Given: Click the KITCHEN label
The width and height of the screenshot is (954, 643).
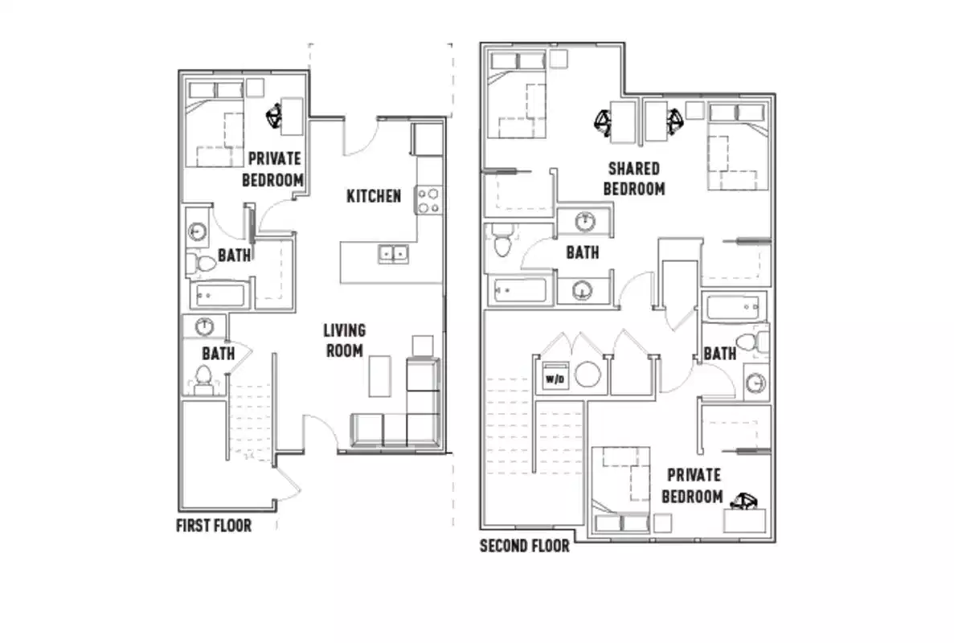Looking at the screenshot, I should click(374, 195).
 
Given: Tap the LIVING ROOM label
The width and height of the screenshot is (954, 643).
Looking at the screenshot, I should click(344, 340).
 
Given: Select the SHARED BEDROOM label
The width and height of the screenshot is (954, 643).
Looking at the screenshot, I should click(634, 178).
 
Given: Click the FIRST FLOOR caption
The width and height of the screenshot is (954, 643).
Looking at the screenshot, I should click(214, 526).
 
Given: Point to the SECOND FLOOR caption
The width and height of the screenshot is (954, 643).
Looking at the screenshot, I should click(525, 547).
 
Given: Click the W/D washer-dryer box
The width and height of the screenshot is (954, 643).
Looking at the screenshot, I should click(554, 376).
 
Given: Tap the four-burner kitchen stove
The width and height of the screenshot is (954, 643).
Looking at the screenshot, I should click(428, 200).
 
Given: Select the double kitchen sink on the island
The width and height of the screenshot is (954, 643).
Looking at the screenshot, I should click(394, 254).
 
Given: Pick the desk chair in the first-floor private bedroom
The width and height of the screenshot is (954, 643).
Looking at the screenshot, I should click(274, 117).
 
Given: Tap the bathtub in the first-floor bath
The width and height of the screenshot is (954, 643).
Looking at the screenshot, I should click(218, 295).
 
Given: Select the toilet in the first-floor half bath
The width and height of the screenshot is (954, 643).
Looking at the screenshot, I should click(204, 378).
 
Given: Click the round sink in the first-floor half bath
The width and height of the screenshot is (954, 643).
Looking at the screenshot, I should click(205, 326).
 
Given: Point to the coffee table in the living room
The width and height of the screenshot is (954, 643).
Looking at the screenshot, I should click(380, 376).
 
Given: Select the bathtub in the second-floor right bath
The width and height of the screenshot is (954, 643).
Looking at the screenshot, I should click(733, 306).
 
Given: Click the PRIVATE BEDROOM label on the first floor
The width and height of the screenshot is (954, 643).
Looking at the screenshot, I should click(274, 169).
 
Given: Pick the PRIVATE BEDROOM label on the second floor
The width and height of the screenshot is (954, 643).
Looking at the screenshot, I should click(691, 485).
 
